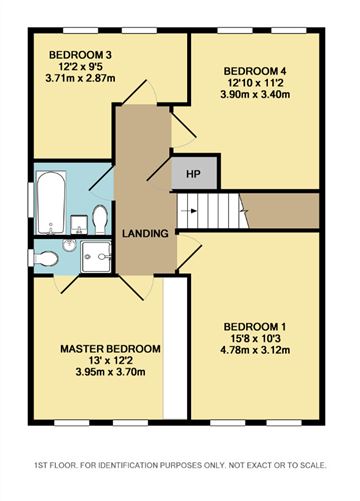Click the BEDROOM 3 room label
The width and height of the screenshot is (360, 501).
(80, 55)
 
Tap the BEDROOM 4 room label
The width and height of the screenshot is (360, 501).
(255, 71)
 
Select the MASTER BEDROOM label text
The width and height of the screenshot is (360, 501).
(110, 349)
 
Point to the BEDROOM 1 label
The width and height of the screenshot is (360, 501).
(255, 327)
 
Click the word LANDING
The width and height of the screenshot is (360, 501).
(145, 234)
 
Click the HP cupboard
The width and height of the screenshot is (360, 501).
(194, 174)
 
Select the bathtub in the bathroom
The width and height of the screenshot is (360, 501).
(51, 202)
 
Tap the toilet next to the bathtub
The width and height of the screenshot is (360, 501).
(100, 219)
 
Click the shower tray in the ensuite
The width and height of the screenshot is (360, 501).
(96, 257)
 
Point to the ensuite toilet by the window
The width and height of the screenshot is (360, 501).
(45, 258)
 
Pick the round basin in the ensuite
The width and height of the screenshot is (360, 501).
(69, 246)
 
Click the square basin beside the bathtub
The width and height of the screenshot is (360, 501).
(79, 225)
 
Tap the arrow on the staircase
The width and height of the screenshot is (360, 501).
(189, 211)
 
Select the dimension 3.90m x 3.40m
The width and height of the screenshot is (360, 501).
(255, 95)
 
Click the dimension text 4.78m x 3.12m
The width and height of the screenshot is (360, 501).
(255, 350)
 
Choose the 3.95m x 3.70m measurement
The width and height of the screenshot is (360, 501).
(110, 372)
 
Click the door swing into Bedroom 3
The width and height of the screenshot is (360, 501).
(139, 92)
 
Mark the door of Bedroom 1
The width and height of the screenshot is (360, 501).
(189, 252)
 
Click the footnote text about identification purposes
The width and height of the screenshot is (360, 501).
(180, 465)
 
